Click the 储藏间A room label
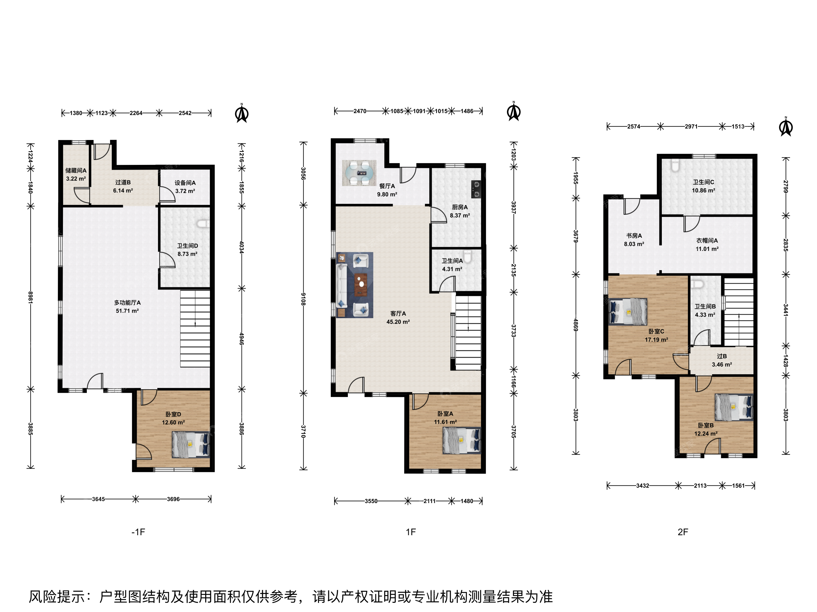[76, 171]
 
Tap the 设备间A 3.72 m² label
[185, 187]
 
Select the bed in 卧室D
[191, 445]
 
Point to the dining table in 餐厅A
[359, 173]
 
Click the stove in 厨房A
[476, 189]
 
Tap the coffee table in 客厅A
[361, 285]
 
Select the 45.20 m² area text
[398, 322]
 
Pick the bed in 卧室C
[628, 312]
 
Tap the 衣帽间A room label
[707, 241]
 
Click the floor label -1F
[138, 532]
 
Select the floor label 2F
[683, 532]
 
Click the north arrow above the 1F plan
[514, 111]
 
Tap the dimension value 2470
[360, 111]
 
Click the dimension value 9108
[303, 299]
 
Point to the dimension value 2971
[691, 127]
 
